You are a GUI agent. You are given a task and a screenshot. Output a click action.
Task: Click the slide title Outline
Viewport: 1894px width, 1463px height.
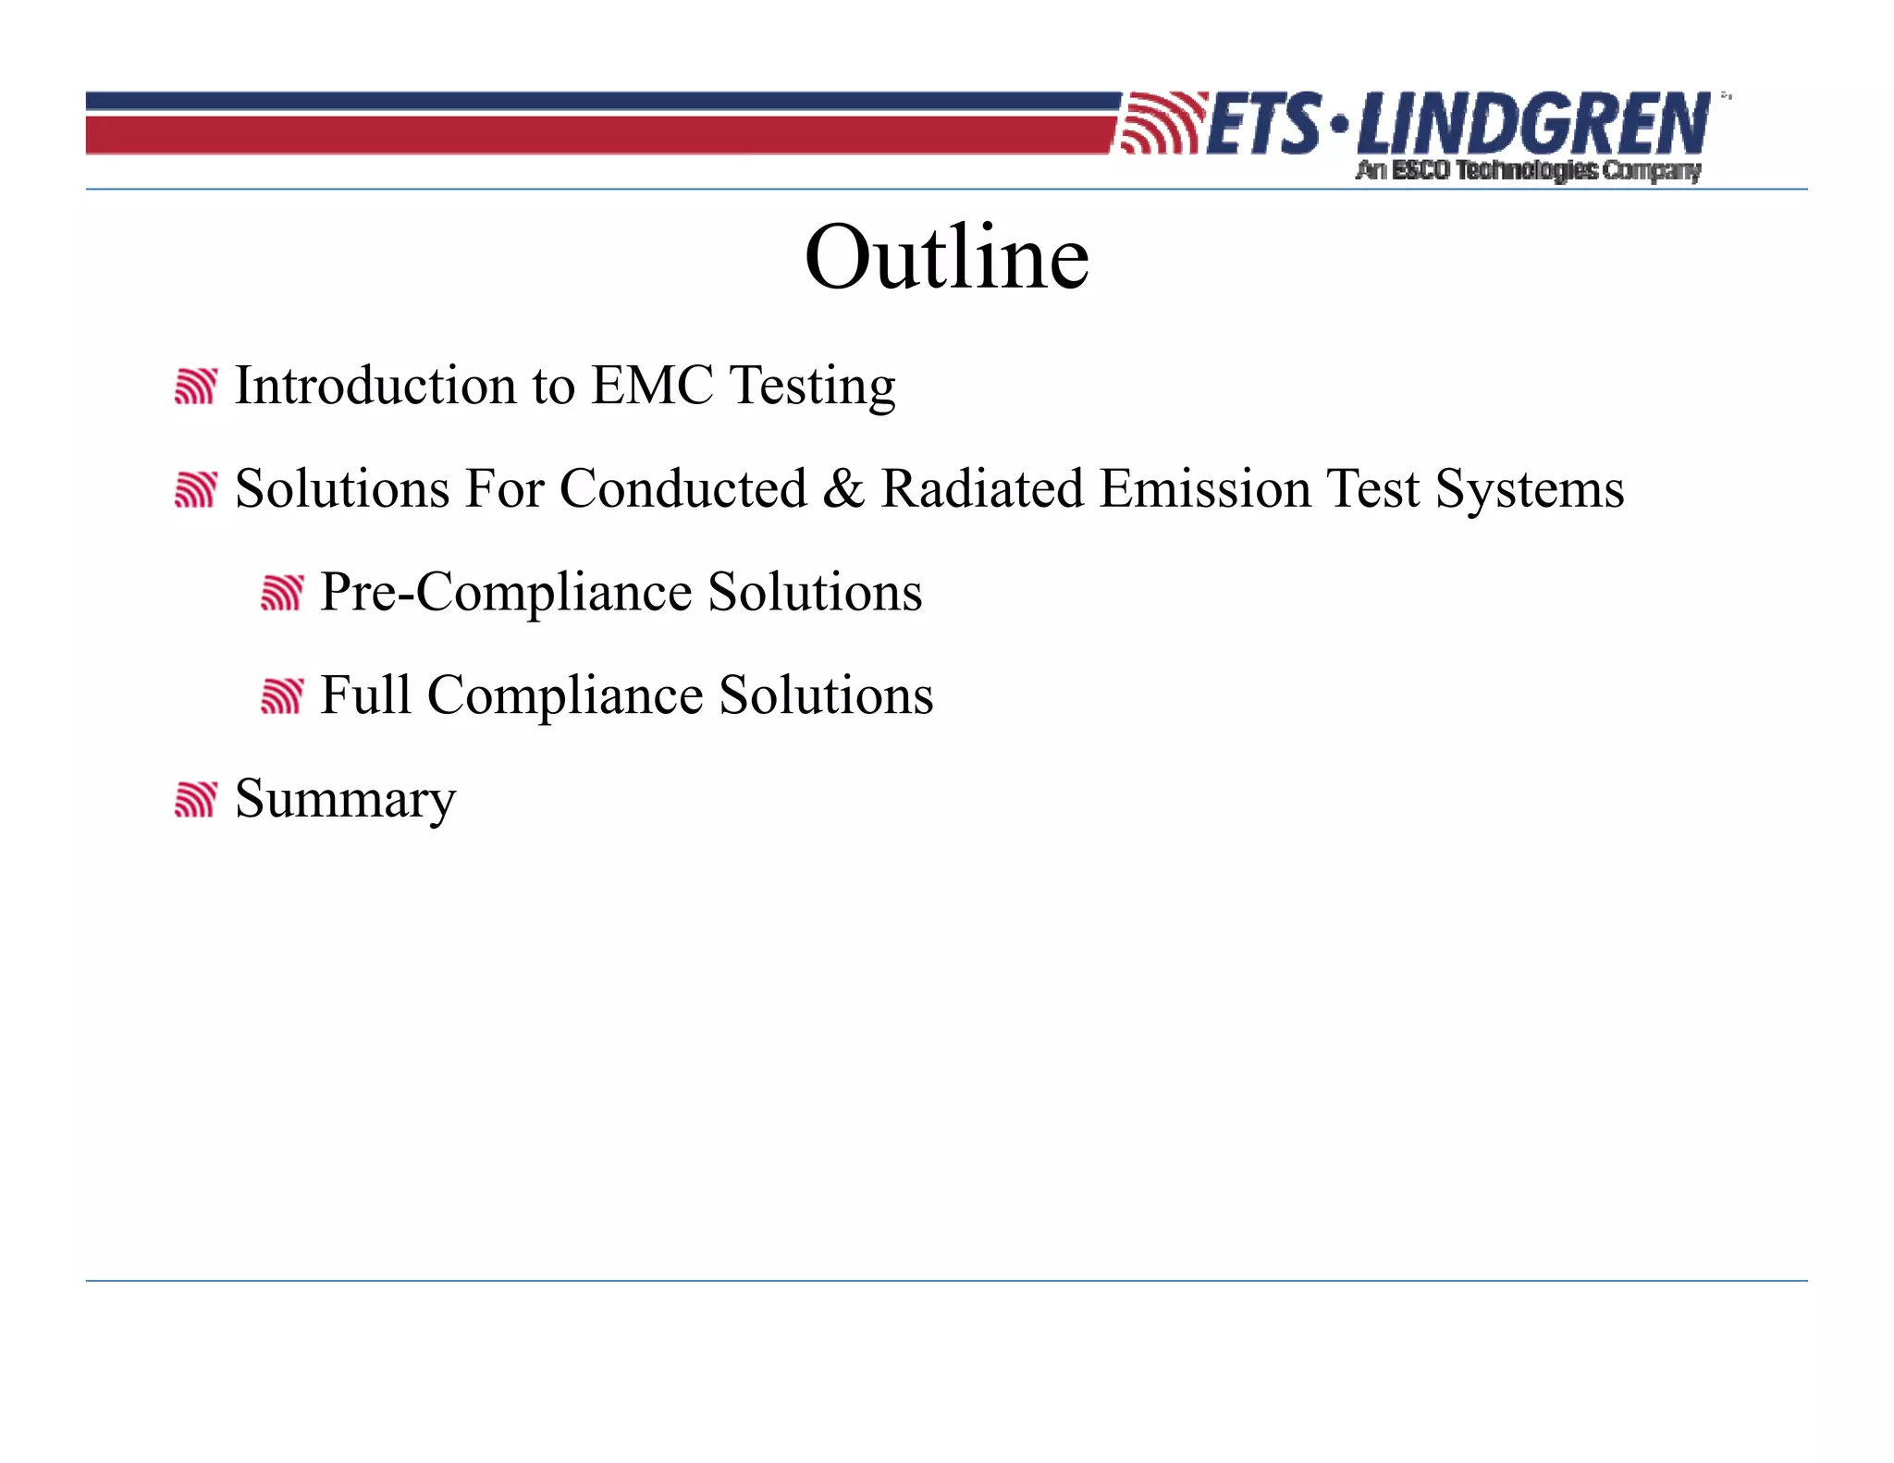(946, 258)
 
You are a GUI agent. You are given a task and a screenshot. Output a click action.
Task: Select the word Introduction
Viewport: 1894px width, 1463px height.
(375, 385)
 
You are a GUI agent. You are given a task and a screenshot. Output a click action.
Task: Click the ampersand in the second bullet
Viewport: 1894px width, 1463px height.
(842, 488)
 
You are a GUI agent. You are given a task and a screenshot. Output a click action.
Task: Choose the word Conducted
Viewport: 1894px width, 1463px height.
(683, 488)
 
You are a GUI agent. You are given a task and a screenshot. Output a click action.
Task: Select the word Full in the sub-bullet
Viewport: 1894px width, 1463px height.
(365, 695)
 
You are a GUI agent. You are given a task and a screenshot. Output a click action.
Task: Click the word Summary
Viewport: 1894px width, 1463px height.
(345, 800)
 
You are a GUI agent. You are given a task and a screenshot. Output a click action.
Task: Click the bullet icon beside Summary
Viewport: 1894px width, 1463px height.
(195, 800)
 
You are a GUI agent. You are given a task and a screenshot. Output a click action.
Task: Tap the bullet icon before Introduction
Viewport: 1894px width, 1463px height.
(195, 387)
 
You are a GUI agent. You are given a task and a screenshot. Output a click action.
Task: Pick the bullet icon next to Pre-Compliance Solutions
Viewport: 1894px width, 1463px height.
(281, 593)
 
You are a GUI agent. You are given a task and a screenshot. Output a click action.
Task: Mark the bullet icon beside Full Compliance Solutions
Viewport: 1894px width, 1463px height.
(281, 696)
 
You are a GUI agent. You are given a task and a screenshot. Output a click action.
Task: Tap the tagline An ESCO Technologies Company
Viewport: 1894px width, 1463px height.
(1528, 170)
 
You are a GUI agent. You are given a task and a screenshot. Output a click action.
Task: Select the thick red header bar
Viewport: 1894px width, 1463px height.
(592, 135)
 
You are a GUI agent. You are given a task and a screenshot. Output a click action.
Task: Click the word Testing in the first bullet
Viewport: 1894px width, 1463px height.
(812, 387)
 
